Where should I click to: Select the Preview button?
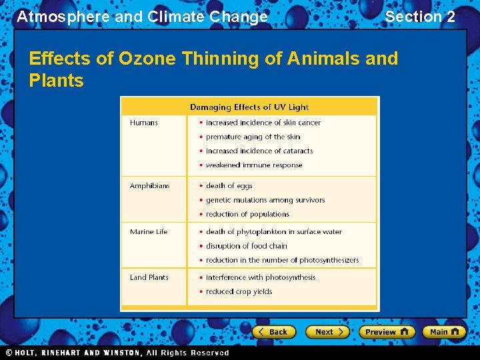tap(386, 331)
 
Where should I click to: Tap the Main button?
tap(444, 331)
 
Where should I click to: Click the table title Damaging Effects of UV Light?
tap(249, 107)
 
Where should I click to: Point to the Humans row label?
tap(143, 123)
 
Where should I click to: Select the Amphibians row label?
tap(149, 186)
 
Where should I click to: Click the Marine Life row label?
tap(149, 232)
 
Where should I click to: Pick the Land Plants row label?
tap(149, 277)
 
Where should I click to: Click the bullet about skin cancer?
tap(263, 123)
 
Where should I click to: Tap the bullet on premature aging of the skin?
tap(253, 137)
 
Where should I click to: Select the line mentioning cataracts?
tap(259, 151)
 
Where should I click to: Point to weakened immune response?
tap(253, 165)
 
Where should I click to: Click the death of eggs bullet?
tap(229, 186)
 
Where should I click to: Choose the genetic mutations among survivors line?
tap(265, 200)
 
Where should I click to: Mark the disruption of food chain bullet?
tap(246, 246)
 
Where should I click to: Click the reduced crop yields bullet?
tap(239, 292)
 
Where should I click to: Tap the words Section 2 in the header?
tap(420, 17)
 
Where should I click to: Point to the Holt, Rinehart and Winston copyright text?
tap(117, 353)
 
